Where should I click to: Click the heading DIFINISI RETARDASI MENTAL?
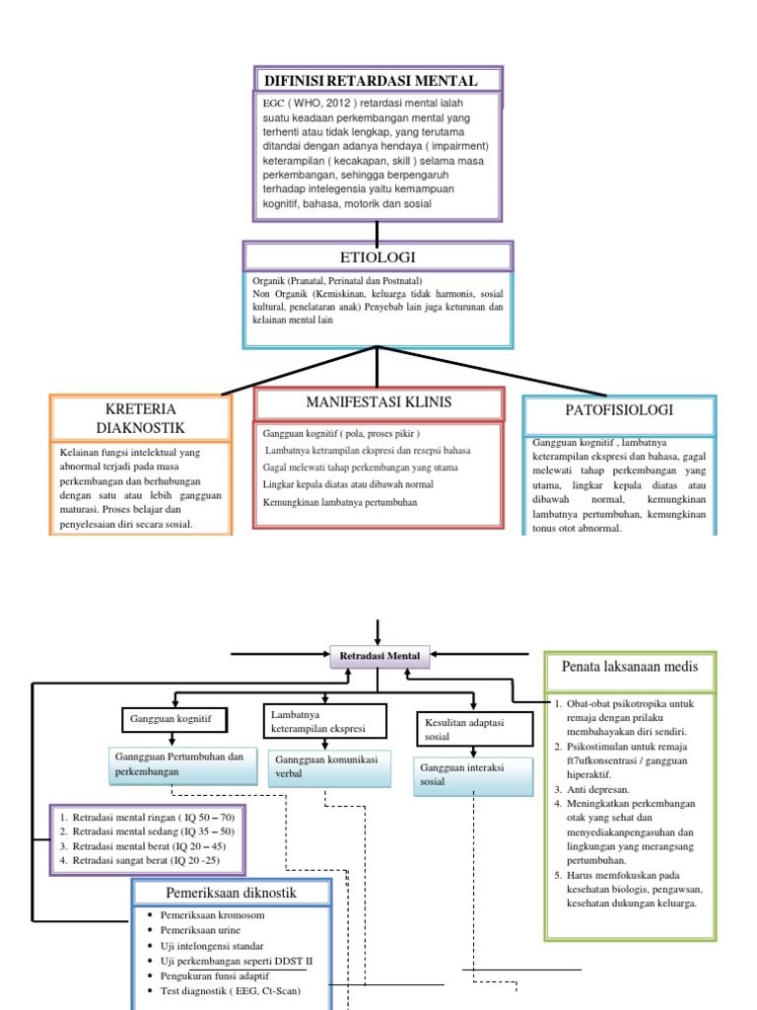coord(371,81)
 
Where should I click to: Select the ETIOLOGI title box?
coord(378,257)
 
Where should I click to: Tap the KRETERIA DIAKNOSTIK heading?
coord(140,418)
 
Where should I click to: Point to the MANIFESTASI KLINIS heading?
coord(378,402)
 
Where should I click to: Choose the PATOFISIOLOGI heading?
coord(619,409)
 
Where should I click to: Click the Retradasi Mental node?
coord(379,656)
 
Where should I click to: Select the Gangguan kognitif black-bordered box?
coord(174,719)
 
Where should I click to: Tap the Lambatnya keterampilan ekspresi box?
coord(325,721)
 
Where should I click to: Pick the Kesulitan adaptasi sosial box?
coord(475,729)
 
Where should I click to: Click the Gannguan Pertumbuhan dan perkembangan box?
coord(182,764)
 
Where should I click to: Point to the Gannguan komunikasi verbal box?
coord(329,767)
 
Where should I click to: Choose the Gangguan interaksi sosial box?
coord(473,775)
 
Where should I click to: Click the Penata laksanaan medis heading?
coord(630,667)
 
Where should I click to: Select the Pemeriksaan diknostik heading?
coord(231,893)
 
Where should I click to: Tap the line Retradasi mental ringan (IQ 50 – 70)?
coord(148,818)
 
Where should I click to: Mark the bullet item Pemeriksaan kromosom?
coord(206,914)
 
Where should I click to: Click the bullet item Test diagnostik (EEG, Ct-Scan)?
coord(224,990)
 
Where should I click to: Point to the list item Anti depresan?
coord(592,789)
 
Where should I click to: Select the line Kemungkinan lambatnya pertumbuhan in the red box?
coord(340,502)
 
